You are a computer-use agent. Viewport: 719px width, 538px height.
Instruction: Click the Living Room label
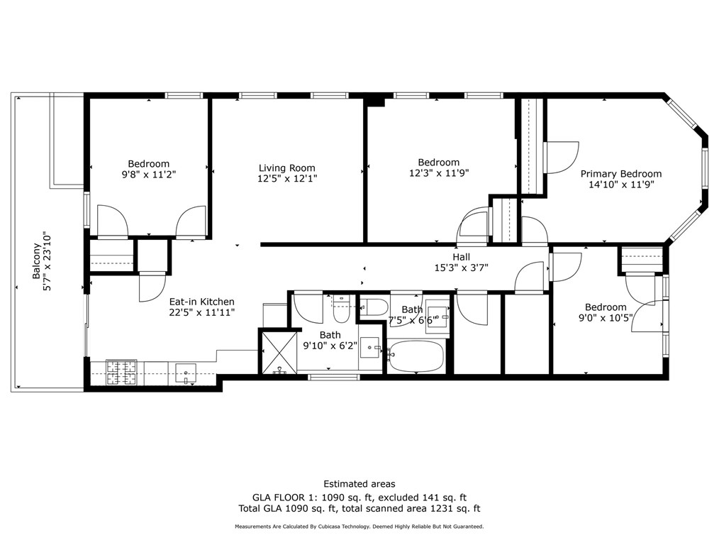tap(286, 168)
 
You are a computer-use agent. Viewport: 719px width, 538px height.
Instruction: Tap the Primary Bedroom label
tap(621, 174)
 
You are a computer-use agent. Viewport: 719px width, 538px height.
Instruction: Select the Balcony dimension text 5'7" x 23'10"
tap(48, 262)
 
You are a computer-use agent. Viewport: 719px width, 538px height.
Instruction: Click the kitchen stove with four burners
tap(121, 373)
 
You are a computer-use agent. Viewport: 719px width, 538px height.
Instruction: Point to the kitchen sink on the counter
tap(186, 373)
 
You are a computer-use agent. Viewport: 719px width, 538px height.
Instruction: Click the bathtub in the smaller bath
tap(416, 356)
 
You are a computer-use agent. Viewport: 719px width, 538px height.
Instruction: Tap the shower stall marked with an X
tap(279, 352)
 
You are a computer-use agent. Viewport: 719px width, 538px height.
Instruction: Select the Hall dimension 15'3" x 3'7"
tap(462, 268)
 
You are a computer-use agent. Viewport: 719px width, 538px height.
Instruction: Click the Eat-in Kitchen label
tap(202, 302)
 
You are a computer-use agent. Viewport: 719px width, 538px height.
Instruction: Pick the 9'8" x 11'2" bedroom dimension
tap(149, 175)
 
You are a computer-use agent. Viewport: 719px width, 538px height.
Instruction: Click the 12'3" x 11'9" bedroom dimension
tap(439, 173)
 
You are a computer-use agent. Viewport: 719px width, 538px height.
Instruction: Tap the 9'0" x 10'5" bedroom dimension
tap(606, 318)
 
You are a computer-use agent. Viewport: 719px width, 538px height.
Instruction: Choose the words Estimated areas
tap(359, 484)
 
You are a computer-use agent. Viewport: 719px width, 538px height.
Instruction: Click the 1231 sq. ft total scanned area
tap(455, 509)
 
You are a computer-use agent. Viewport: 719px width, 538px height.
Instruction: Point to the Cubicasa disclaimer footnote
tap(359, 527)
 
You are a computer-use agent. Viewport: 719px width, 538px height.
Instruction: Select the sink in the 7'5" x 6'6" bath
tap(437, 317)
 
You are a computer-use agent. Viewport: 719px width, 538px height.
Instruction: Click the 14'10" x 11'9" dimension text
tap(621, 185)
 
